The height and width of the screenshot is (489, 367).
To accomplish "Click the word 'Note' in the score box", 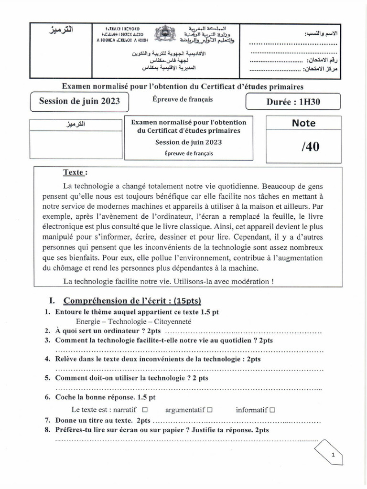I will [303, 123].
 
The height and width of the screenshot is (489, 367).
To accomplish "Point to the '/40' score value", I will [310, 147].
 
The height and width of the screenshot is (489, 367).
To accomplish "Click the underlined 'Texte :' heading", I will [76, 172].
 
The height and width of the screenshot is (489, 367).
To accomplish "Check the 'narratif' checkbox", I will [145, 410].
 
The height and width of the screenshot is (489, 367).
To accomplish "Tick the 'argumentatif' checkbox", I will [210, 410].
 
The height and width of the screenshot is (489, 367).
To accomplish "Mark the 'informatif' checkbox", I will [272, 410].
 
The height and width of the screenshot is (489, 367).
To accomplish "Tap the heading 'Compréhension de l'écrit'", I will [132, 301].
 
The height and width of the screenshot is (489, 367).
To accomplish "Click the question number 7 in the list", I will [48, 421].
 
